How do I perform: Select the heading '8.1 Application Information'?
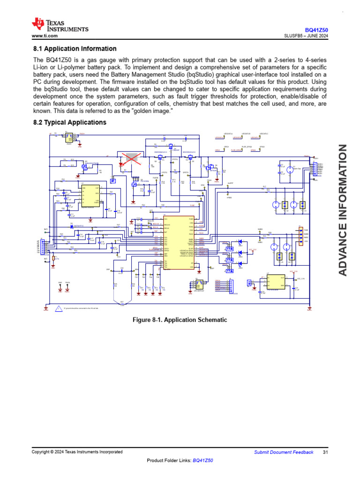coord(75,49)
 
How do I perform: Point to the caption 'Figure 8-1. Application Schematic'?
coord(180,320)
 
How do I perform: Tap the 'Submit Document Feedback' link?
coord(284,452)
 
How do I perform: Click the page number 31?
coord(325,452)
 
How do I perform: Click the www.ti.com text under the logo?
coord(45,36)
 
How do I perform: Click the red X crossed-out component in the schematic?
coord(129,160)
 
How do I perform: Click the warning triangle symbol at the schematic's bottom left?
coord(58,308)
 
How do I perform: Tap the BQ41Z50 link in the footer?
coord(202,461)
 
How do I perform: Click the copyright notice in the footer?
coord(77,452)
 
